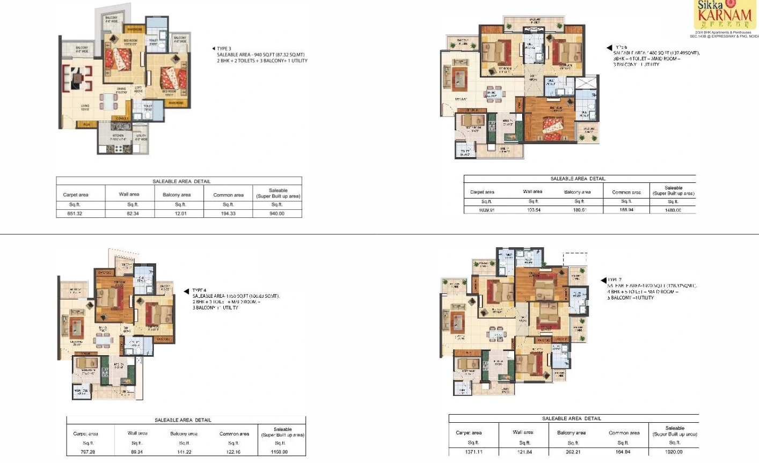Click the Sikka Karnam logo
coord(724,15)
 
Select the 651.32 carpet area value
coord(75,214)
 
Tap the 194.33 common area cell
coord(228,214)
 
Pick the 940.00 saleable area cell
coord(277,214)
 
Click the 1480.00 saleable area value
coord(673,210)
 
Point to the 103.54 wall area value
coord(532,210)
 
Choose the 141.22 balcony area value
coord(184,452)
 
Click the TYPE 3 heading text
coord(224,49)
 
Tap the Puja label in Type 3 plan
coord(86,124)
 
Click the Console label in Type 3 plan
coord(122,119)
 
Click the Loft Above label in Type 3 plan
coord(138,90)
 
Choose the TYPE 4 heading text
coord(199,291)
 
